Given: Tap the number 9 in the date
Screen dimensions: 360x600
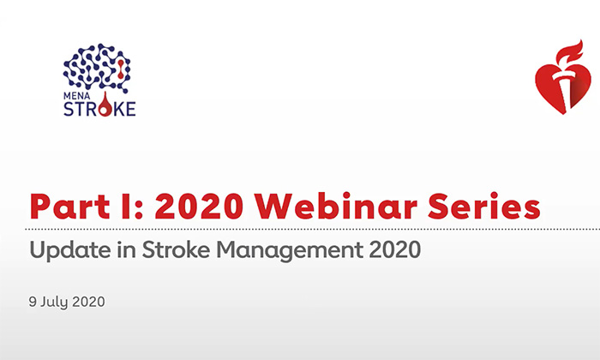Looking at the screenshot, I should (x=32, y=304).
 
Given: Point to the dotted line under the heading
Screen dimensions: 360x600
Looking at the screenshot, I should (x=300, y=230).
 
